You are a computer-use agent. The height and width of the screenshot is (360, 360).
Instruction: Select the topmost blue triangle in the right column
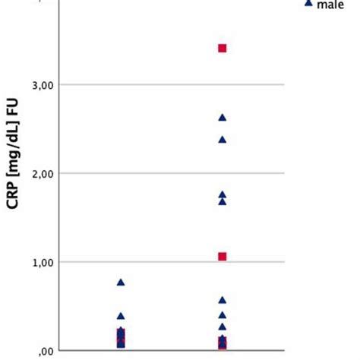[222, 118]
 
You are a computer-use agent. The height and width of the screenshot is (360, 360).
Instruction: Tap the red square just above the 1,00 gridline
[222, 257]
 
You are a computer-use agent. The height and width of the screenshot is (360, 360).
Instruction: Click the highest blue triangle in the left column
[121, 283]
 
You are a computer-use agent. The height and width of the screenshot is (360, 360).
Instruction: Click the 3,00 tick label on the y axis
[43, 85]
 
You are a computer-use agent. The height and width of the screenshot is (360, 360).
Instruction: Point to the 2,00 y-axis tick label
[43, 174]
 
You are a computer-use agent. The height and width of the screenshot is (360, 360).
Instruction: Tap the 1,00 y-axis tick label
[43, 263]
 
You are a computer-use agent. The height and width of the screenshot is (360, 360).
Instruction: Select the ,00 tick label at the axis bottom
[46, 351]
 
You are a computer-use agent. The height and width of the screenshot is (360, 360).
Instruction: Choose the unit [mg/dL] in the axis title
[13, 172]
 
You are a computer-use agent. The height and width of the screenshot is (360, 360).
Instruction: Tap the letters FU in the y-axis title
[13, 125]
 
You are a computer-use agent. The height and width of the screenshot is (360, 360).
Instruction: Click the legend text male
[330, 5]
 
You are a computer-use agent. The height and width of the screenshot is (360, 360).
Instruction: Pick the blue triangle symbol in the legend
[308, 4]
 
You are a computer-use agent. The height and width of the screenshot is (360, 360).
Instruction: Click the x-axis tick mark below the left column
[121, 354]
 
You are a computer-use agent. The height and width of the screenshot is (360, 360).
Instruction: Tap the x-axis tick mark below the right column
[222, 354]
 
